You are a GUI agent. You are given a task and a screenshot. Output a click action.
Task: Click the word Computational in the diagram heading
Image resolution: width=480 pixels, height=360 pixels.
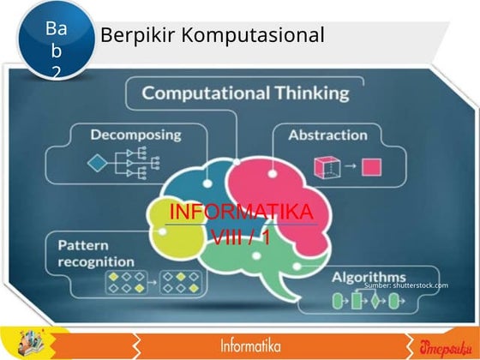tap(195, 93)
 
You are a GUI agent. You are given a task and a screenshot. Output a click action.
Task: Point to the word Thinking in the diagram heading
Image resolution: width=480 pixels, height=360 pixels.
tap(303, 93)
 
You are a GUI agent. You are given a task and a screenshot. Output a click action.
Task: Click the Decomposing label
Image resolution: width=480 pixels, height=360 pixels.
tap(136, 135)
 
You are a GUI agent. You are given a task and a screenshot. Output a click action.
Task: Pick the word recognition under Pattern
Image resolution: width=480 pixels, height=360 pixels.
tap(96, 261)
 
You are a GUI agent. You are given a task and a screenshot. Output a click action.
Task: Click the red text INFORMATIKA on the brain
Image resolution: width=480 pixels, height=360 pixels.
tap(241, 212)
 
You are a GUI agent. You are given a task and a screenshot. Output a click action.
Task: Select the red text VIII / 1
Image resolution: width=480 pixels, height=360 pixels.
tap(240, 237)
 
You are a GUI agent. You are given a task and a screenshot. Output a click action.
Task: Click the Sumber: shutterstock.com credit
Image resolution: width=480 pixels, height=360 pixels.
tap(405, 285)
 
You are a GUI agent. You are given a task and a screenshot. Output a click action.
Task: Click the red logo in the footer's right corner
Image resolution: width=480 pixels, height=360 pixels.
tap(442, 345)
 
